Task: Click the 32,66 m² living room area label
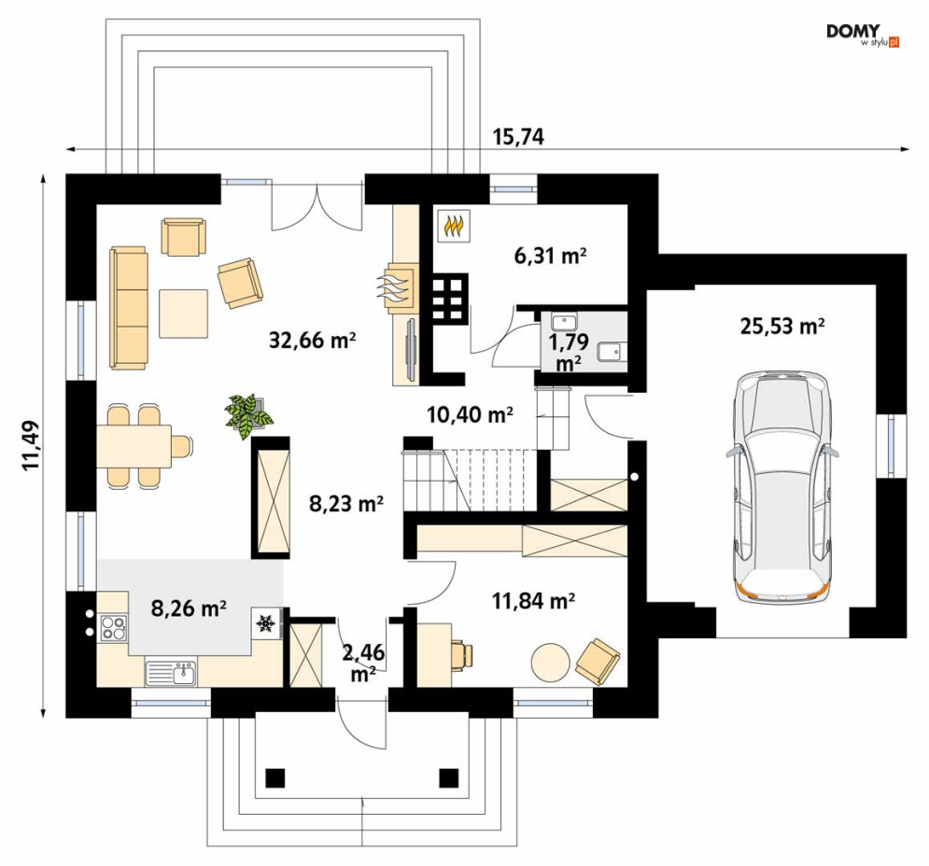click(312, 340)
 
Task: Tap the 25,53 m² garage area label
click(782, 326)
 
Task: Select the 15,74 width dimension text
click(518, 137)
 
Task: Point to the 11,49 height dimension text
click(31, 445)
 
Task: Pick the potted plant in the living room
click(248, 416)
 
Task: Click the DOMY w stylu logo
click(863, 35)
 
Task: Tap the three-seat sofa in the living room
click(129, 308)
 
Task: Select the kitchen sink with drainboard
click(171, 673)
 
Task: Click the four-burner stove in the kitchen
click(113, 628)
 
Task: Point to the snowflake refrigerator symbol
click(265, 623)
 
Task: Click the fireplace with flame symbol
click(397, 287)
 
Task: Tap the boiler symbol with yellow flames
click(455, 226)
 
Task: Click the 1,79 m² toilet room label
click(569, 352)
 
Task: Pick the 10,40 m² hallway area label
click(470, 414)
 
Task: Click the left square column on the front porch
click(275, 777)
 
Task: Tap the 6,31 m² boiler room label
click(551, 256)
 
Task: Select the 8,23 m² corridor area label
click(346, 504)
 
